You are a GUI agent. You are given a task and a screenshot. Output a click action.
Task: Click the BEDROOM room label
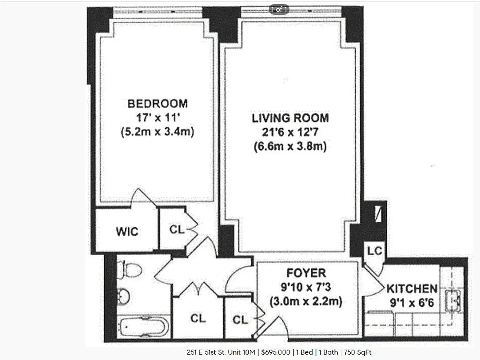tap(157, 103)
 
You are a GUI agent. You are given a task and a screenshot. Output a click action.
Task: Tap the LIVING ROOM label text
tap(290, 118)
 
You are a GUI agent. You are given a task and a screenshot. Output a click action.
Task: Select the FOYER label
tap(306, 273)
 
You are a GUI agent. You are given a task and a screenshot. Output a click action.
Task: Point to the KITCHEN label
tap(412, 288)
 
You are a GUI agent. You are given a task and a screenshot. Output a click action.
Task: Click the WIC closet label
tap(127, 232)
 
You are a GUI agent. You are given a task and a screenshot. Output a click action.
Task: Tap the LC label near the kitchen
tap(374, 251)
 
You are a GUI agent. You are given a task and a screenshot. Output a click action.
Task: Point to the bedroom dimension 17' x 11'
tap(157, 118)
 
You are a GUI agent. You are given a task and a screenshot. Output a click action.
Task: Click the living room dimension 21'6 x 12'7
tap(290, 133)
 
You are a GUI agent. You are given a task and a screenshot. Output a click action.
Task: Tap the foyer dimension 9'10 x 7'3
tap(306, 287)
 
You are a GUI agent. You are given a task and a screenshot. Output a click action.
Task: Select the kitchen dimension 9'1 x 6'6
tap(412, 303)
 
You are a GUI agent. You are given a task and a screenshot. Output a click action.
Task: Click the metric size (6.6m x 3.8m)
tap(290, 147)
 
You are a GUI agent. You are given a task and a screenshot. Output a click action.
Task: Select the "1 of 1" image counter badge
tap(279, 9)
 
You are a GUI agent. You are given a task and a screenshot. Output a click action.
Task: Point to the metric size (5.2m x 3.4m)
tap(157, 132)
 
